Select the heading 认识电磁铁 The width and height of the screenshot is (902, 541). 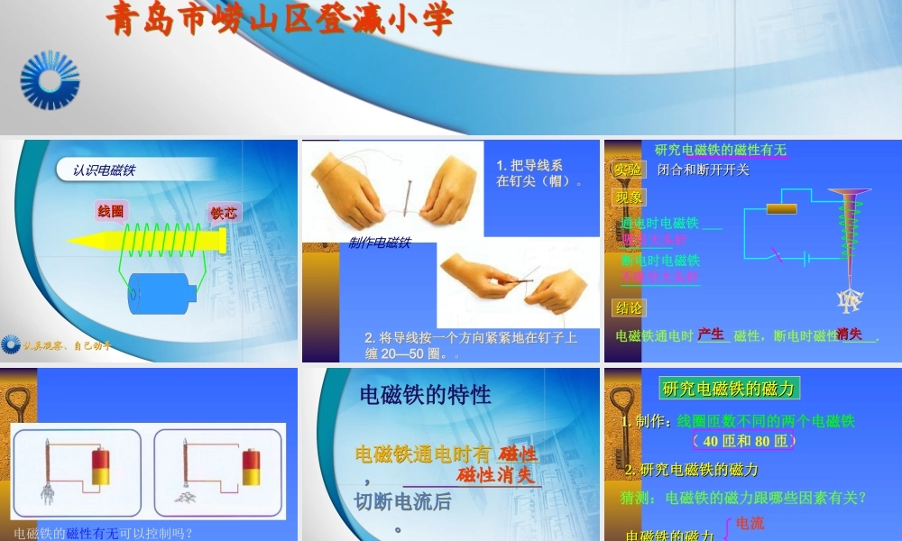(x=105, y=170)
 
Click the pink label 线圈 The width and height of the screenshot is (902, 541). (x=111, y=212)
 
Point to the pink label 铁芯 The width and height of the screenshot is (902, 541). (x=223, y=214)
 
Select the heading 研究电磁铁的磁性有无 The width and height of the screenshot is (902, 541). (x=720, y=150)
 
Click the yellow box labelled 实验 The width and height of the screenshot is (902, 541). (x=628, y=170)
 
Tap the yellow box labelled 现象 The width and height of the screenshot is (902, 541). (x=629, y=197)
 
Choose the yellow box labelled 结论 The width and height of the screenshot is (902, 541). (x=629, y=307)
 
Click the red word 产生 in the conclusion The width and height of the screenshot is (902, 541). (x=711, y=335)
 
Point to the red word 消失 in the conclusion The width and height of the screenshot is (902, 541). (x=849, y=335)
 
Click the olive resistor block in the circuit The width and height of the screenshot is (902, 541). (x=781, y=209)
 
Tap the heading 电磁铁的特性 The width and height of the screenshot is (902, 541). (x=426, y=394)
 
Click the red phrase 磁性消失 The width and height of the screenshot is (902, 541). (x=496, y=475)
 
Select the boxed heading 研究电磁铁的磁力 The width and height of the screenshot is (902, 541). (x=729, y=389)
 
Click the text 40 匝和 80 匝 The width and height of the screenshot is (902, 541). (x=745, y=441)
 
